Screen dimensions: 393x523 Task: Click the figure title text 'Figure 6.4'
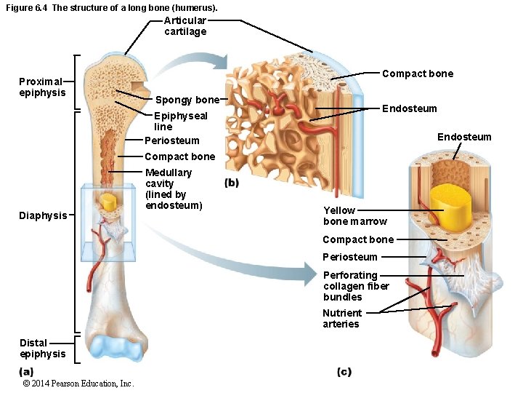pyautogui.click(x=27, y=8)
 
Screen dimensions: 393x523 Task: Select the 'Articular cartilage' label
pyautogui.click(x=185, y=26)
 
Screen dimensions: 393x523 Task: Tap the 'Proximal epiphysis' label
pyautogui.click(x=42, y=87)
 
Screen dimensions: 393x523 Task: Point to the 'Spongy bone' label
pyautogui.click(x=187, y=100)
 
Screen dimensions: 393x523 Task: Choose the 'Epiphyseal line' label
pyautogui.click(x=180, y=121)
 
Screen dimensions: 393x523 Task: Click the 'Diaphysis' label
pyautogui.click(x=43, y=215)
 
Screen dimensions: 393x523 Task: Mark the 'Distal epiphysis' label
pyautogui.click(x=42, y=348)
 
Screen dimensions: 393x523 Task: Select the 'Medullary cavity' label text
pyautogui.click(x=173, y=189)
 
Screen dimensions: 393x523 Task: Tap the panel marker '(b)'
pyautogui.click(x=232, y=183)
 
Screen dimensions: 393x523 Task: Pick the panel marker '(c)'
pyautogui.click(x=344, y=372)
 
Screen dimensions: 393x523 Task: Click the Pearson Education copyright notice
pyautogui.click(x=78, y=384)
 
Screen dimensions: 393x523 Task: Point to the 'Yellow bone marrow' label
pyautogui.click(x=354, y=215)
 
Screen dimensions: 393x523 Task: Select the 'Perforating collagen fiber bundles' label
pyautogui.click(x=356, y=286)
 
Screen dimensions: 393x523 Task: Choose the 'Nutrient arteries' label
pyautogui.click(x=342, y=318)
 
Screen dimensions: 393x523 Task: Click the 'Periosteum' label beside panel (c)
pyautogui.click(x=350, y=257)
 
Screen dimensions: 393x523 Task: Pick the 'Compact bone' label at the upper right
pyautogui.click(x=417, y=74)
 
